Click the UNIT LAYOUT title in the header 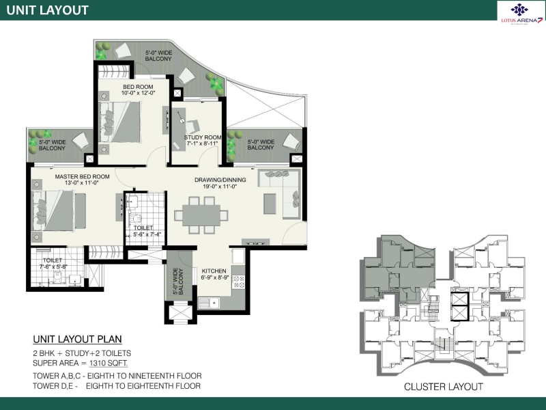click(x=47, y=10)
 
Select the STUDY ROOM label click(x=202, y=137)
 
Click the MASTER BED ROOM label click(x=82, y=177)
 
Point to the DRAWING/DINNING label click(x=220, y=180)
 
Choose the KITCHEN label click(x=214, y=271)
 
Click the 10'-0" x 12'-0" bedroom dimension click(x=138, y=93)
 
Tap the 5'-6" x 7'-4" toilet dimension click(x=147, y=234)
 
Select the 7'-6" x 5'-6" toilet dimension click(x=53, y=266)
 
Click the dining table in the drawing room click(x=201, y=215)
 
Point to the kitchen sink click(x=209, y=303)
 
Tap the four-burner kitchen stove click(x=238, y=282)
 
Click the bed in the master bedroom click(x=53, y=210)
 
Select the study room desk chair click(x=192, y=126)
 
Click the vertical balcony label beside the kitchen click(x=178, y=282)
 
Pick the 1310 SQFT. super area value click(x=109, y=364)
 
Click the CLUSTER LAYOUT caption click(x=443, y=387)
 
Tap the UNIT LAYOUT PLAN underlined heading click(x=77, y=339)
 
